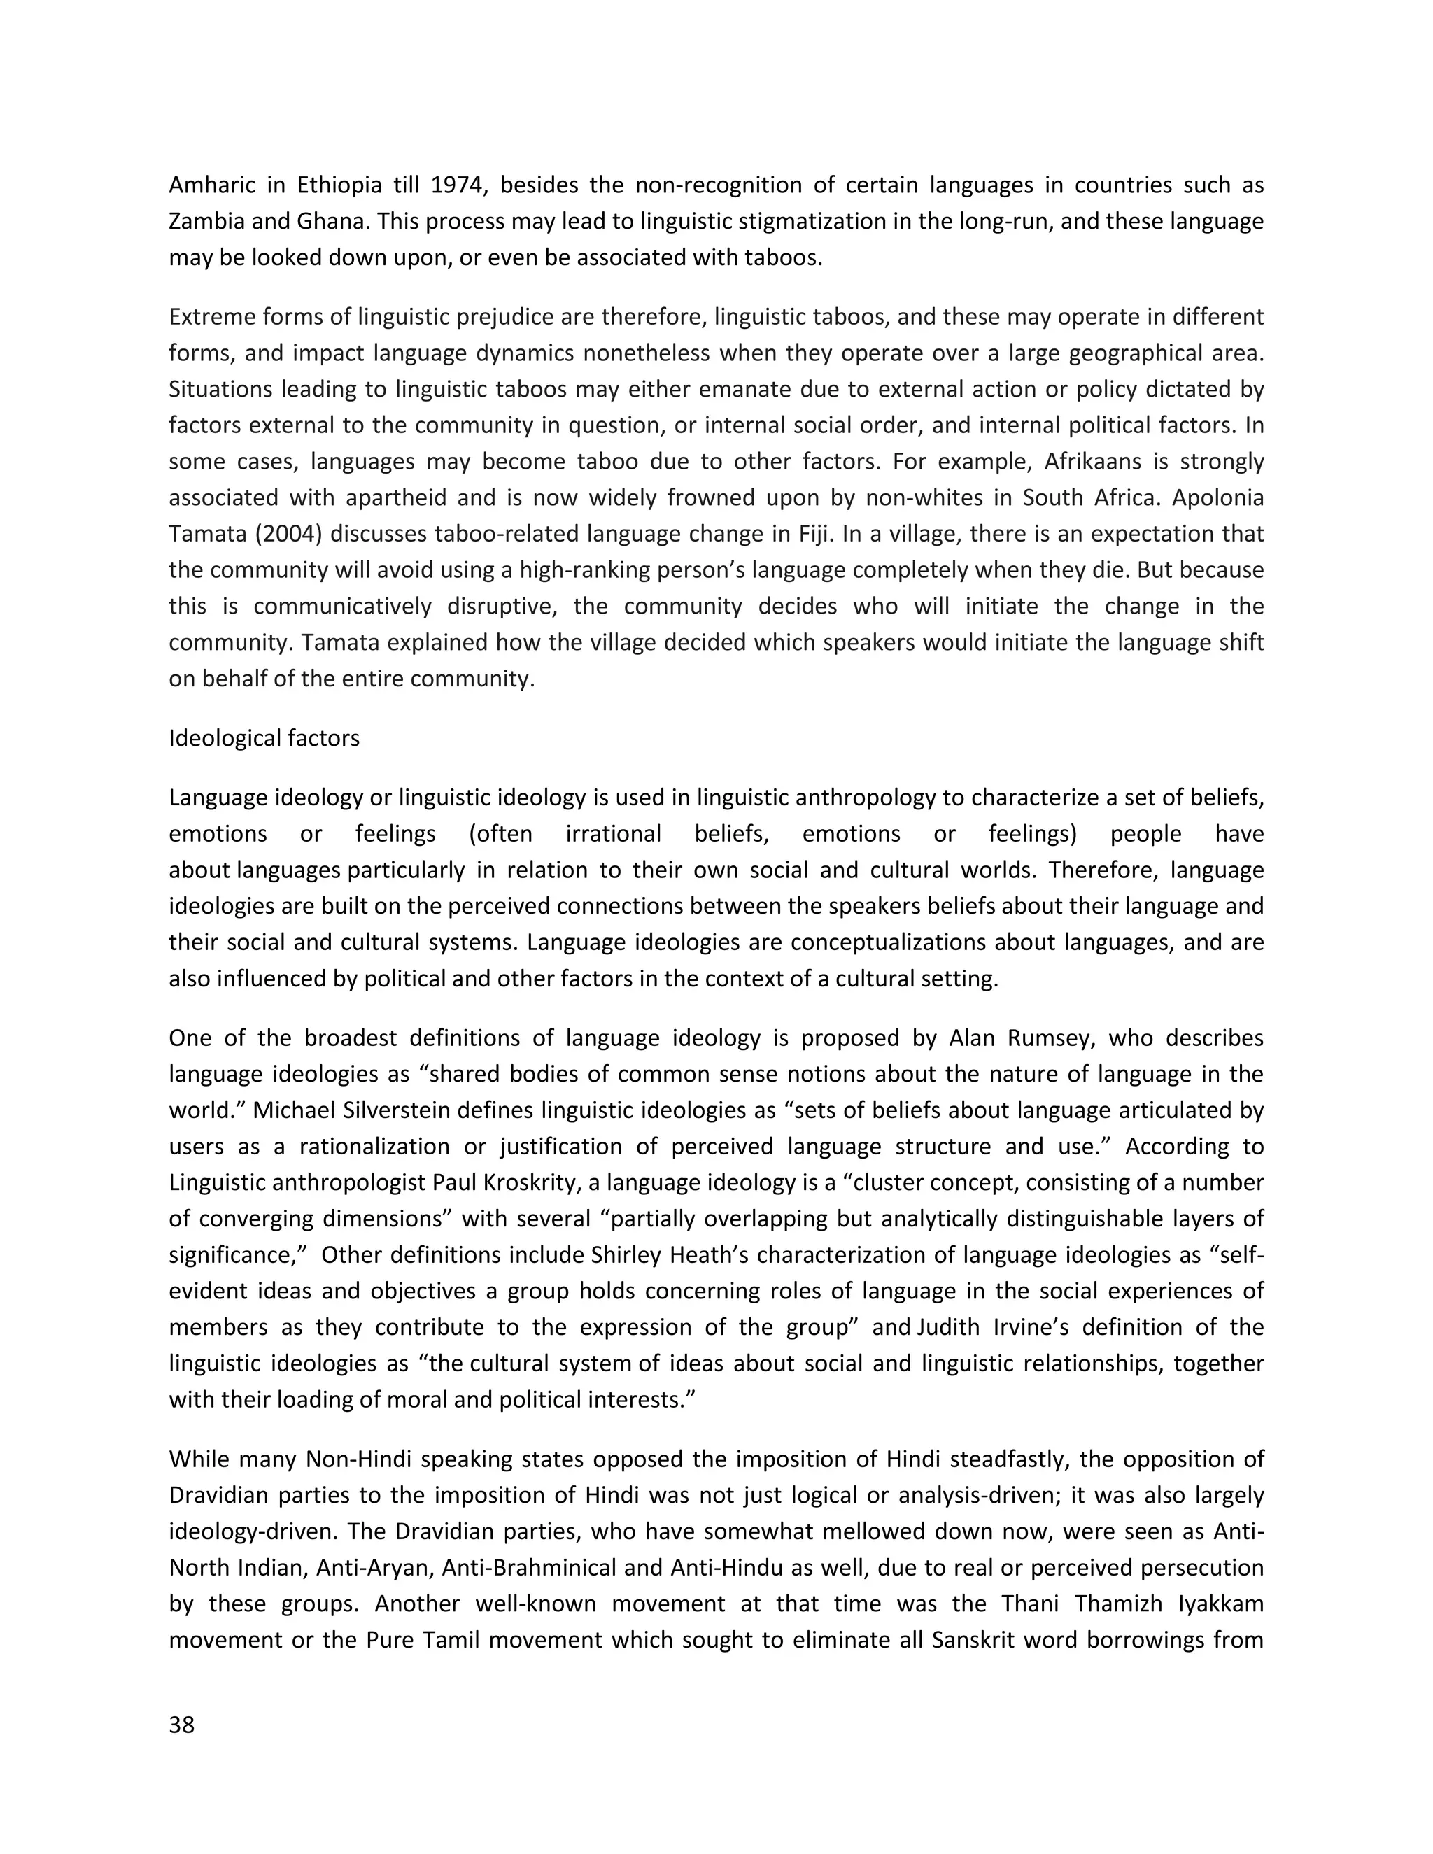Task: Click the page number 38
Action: pos(182,1725)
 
